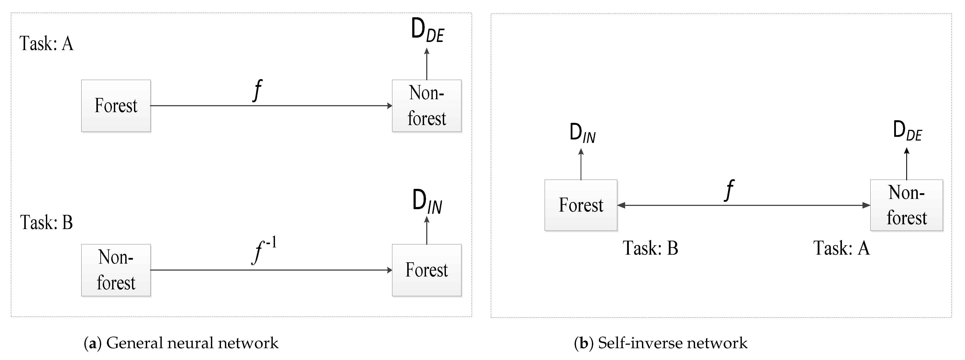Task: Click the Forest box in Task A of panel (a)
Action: coord(116,106)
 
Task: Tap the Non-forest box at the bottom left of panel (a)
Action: coord(116,270)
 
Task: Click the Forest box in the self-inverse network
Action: coord(581,205)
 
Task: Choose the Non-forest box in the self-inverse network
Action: coord(906,205)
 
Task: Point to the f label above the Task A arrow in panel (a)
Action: coord(257,90)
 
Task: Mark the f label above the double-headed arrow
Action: coord(729,190)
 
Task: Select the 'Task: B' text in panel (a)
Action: coord(47,223)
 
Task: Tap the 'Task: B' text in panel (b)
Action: coord(650,248)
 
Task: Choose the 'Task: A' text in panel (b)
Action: coord(841,248)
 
